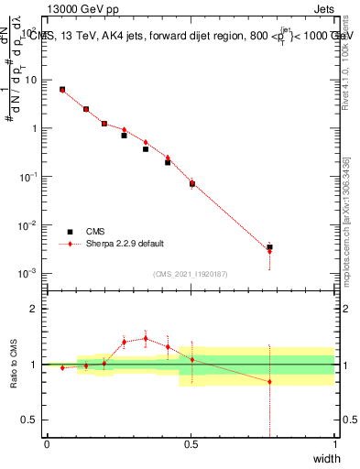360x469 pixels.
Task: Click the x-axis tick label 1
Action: pos(334,444)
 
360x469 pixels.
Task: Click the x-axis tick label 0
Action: pos(47,444)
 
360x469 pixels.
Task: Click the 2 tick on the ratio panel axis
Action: pos(37,309)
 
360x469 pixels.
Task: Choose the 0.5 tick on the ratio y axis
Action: pos(32,420)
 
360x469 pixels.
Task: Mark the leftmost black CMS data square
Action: pos(62,89)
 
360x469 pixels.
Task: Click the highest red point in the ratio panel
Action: pos(145,338)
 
